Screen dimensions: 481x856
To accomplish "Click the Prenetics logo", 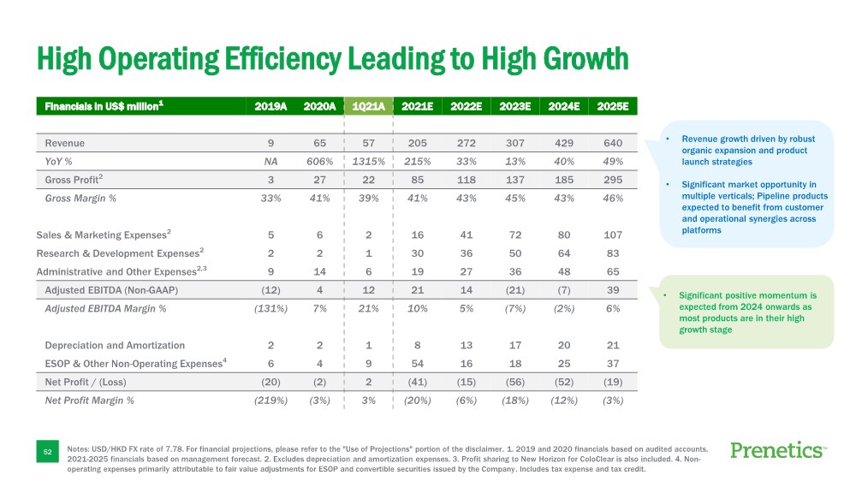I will point(777,450).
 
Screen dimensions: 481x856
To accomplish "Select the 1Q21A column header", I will point(368,106).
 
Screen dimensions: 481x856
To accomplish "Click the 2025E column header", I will point(612,106).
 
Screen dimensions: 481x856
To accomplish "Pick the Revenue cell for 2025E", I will point(612,143).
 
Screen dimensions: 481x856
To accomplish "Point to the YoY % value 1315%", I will point(368,161).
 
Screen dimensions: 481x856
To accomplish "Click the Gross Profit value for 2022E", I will point(466,180).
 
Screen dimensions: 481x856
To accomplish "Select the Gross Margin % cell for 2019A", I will point(270,198).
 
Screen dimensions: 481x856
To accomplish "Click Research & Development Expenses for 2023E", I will point(514,253).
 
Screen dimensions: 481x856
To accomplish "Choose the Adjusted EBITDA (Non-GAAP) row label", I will point(111,290).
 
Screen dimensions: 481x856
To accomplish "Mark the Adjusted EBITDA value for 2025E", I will point(612,290).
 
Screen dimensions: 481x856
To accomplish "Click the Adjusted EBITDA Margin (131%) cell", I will point(270,308).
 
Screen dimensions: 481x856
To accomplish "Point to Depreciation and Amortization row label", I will point(115,345).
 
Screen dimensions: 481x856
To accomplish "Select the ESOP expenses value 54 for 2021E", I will point(417,363).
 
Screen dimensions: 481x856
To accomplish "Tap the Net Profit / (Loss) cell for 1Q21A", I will point(368,382).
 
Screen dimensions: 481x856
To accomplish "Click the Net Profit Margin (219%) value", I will point(270,400).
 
